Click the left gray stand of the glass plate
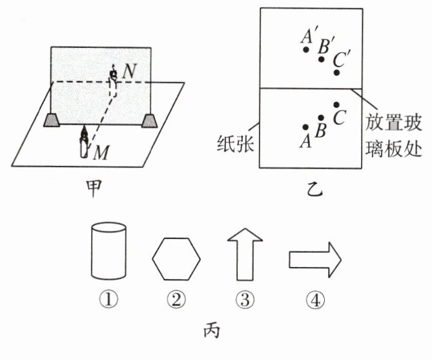[x=52, y=120]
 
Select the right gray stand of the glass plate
[x=150, y=120]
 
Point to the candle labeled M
[x=84, y=143]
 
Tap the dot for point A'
[x=307, y=49]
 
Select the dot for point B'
[x=322, y=59]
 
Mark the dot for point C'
[x=336, y=72]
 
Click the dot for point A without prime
[x=306, y=127]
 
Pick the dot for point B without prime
[x=322, y=117]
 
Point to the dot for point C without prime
[x=336, y=105]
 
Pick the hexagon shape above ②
[x=176, y=259]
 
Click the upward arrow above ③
[x=244, y=257]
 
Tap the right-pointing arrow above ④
[x=313, y=259]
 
